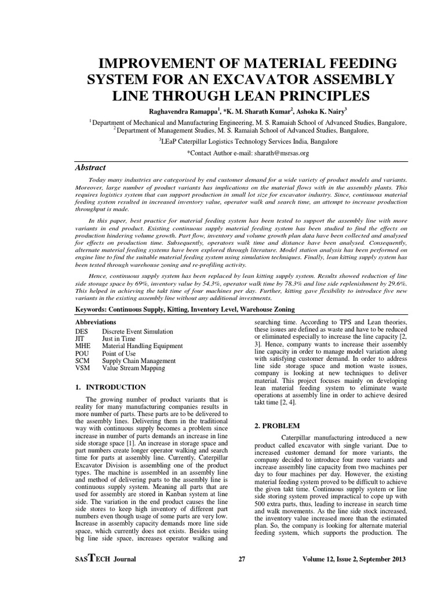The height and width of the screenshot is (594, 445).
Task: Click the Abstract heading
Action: point(91,167)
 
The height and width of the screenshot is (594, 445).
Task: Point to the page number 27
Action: point(242,559)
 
